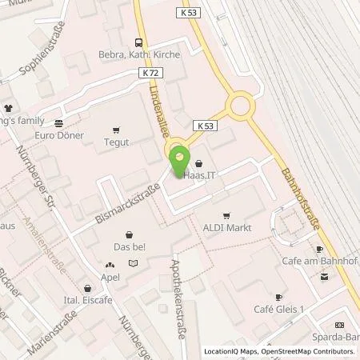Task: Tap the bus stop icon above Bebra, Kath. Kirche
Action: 139,42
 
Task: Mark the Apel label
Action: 110,278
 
